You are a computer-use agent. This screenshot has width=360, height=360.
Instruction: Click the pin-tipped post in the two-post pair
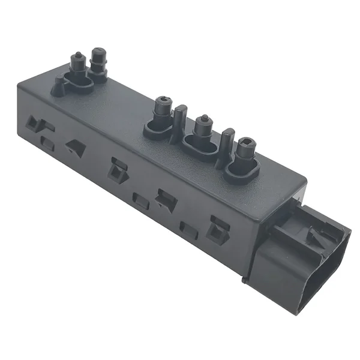coord(77,62)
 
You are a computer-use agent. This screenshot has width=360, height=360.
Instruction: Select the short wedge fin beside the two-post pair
coord(59,88)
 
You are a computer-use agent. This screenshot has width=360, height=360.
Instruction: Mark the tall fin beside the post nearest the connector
coord(226,145)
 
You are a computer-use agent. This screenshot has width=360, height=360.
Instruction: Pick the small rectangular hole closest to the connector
coord(188,230)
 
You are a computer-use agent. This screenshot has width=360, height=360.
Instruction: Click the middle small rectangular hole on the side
coord(140,202)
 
